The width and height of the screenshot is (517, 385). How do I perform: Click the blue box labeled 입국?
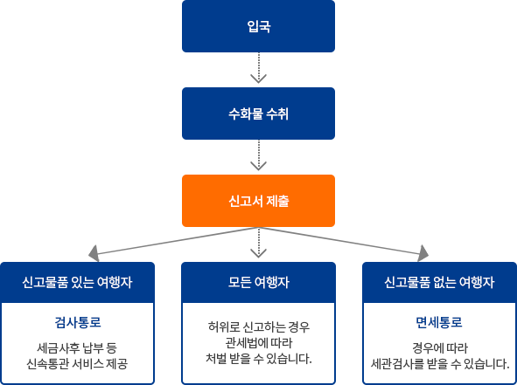click(x=258, y=26)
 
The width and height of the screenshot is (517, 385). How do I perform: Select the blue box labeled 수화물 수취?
click(x=258, y=113)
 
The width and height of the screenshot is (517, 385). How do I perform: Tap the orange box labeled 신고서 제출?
click(x=258, y=200)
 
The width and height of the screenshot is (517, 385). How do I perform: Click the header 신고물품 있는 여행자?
click(x=78, y=283)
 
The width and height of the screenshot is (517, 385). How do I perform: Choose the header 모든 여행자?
click(x=258, y=283)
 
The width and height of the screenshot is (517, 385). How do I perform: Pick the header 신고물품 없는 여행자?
click(x=439, y=283)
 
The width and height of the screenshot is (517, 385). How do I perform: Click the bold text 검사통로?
click(x=78, y=320)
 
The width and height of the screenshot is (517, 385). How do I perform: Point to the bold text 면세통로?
click(x=439, y=320)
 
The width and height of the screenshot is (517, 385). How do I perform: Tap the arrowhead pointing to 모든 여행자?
click(x=258, y=252)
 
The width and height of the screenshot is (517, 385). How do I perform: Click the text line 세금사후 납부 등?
click(x=78, y=345)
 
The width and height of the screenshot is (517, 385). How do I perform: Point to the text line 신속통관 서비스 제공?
click(x=78, y=362)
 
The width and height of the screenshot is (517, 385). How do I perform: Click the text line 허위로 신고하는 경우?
click(x=258, y=327)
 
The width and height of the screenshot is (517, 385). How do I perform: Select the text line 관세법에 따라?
click(x=258, y=343)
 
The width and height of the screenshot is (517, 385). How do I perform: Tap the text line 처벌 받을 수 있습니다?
click(x=258, y=359)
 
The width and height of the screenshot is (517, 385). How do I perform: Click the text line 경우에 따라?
click(x=439, y=345)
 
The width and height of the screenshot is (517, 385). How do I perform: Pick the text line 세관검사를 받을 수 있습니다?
click(x=439, y=362)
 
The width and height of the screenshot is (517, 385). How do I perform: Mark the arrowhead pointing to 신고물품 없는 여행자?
click(x=425, y=253)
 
